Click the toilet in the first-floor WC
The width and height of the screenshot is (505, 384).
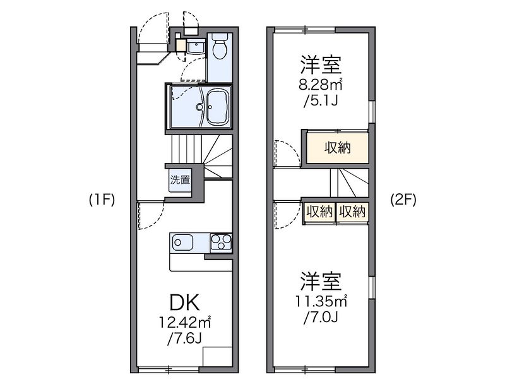pos(220,48)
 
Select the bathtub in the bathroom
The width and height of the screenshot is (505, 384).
pos(218,104)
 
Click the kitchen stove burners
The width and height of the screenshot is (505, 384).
pos(221,241)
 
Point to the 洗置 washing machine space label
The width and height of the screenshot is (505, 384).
pos(179,179)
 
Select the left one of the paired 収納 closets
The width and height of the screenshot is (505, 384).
pos(319,212)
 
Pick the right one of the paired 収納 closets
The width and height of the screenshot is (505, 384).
pos(352,212)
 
